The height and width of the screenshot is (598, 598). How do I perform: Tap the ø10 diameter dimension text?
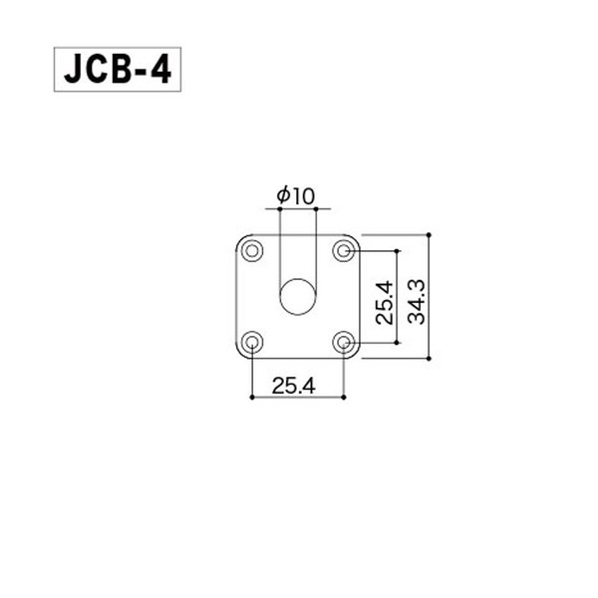coord(295,197)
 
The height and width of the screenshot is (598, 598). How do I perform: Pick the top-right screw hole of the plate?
coord(344,250)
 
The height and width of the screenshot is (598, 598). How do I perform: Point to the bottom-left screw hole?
coord(252,343)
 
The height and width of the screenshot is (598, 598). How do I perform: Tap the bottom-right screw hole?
coord(344,343)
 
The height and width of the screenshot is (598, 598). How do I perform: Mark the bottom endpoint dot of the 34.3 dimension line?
coord(430,358)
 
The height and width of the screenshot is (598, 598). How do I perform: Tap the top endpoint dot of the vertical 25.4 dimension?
coord(399,250)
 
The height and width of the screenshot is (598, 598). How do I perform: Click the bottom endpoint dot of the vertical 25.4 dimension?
coord(399,343)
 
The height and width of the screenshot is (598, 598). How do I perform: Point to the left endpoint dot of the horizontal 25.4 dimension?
coord(252,397)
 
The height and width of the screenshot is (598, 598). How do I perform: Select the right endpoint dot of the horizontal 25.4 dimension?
coord(344,397)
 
